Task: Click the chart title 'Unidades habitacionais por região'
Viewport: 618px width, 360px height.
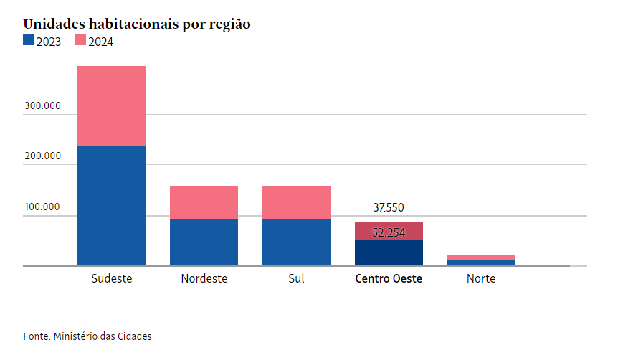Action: (x=136, y=24)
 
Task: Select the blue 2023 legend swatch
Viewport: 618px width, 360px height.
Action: (x=28, y=41)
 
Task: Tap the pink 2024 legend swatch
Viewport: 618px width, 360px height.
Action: (x=80, y=41)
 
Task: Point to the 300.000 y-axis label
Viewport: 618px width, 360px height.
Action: (x=42, y=106)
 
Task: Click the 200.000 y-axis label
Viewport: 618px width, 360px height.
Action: (x=42, y=156)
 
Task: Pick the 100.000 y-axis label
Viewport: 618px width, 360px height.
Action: (x=42, y=207)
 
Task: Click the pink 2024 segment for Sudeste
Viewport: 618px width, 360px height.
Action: (x=112, y=106)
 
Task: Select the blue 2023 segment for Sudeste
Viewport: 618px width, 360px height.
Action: (x=112, y=206)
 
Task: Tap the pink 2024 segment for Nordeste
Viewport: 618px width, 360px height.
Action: (x=204, y=202)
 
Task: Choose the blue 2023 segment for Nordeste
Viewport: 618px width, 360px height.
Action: (x=204, y=242)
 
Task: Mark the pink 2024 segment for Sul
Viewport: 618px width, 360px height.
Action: (x=296, y=203)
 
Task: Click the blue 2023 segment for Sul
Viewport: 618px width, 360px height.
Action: (x=296, y=242)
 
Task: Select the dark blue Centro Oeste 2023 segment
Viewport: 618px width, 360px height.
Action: (x=389, y=253)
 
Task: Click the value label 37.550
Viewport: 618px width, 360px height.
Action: (x=389, y=208)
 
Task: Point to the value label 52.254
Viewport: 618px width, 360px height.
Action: (x=389, y=232)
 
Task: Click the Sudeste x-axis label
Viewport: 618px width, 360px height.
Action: (x=112, y=278)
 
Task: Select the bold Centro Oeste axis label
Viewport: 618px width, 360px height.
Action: (x=389, y=278)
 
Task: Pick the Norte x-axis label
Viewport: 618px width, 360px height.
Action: (x=481, y=278)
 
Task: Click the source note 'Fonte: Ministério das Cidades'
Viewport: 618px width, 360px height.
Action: (x=87, y=336)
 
